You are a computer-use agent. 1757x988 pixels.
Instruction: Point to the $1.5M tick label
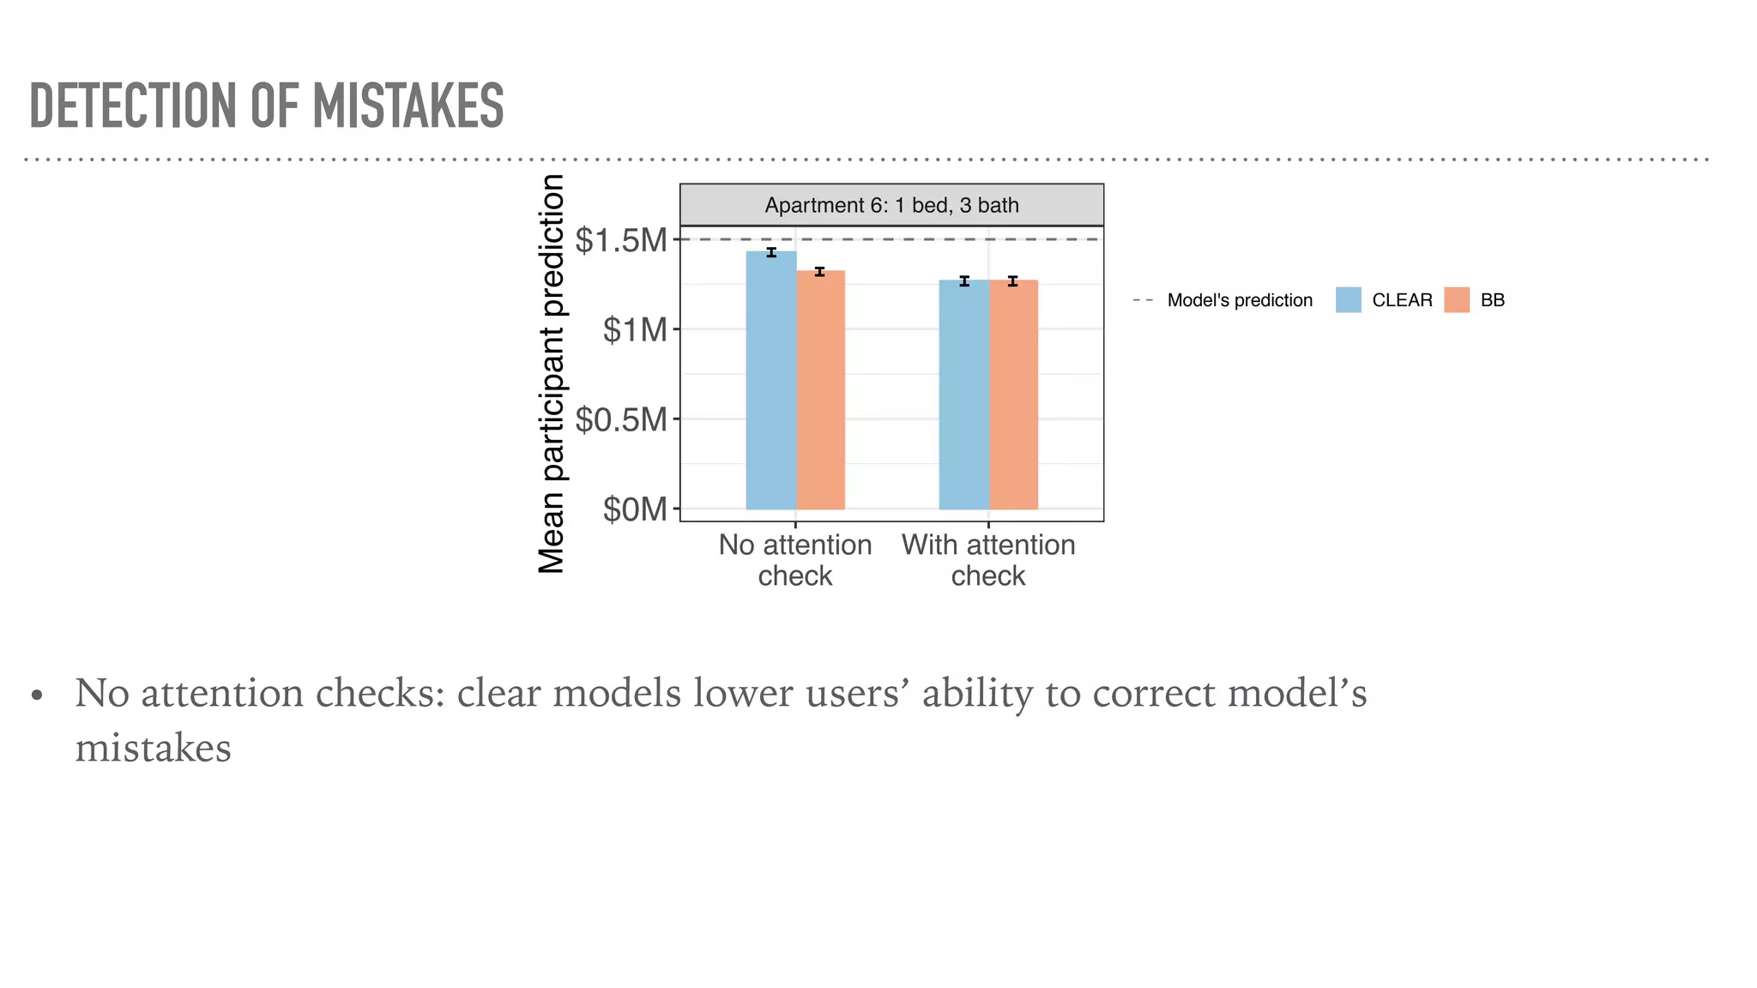point(620,241)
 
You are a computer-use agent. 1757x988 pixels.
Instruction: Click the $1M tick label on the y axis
point(634,330)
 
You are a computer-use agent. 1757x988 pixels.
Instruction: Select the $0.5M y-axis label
point(620,420)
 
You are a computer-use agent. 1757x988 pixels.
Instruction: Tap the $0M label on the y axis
point(634,509)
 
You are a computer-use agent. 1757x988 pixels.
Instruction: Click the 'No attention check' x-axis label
point(794,560)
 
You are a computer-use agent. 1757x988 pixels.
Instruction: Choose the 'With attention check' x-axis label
point(987,560)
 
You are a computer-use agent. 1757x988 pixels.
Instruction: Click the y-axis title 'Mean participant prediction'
point(552,374)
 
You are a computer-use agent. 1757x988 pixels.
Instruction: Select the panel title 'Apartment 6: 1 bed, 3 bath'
point(891,206)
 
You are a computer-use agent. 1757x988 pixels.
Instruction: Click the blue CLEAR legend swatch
point(1348,300)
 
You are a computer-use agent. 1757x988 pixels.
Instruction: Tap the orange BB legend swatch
point(1456,300)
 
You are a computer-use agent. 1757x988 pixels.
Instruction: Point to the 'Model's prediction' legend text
point(1239,300)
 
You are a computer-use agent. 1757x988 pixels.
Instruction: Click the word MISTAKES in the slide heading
point(408,106)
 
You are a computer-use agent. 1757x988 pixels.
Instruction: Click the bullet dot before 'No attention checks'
point(36,696)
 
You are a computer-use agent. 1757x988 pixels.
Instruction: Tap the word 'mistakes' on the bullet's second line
point(153,749)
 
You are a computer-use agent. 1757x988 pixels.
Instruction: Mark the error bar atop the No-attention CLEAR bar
point(771,252)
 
